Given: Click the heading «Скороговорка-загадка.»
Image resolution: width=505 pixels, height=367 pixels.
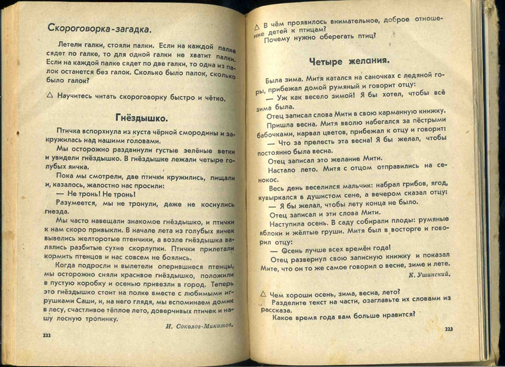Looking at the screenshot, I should (x=100, y=28).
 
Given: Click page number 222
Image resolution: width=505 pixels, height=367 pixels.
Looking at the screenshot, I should (x=46, y=335).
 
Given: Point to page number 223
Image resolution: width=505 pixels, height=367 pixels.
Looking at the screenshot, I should (x=449, y=328).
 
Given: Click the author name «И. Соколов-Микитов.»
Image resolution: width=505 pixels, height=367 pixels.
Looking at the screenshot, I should (x=199, y=325).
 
